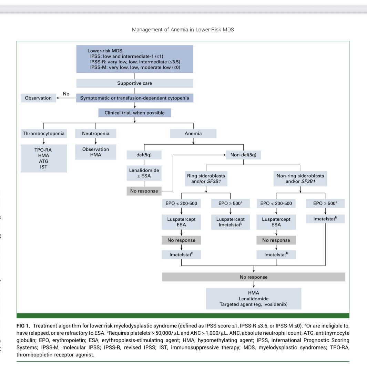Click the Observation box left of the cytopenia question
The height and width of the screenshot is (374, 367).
pos(38,98)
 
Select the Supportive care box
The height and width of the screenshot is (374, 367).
pos(134,83)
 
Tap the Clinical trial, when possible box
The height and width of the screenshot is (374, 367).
pos(134,113)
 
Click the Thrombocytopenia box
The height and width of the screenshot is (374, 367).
pos(43,133)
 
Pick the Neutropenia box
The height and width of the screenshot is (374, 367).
pos(95,133)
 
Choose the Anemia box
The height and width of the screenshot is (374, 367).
pos(193,133)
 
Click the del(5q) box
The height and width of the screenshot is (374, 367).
pos(144,155)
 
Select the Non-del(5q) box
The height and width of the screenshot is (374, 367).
pos(243,155)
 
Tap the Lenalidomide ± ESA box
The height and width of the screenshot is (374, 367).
pos(144,174)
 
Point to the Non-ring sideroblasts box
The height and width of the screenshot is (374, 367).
pos(300,178)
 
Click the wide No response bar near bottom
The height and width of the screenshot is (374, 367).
pos(254,277)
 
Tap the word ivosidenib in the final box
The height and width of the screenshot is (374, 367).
pos(275,304)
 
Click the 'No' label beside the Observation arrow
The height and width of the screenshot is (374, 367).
pos(66,94)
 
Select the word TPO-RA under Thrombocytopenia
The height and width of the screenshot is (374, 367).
pos(43,150)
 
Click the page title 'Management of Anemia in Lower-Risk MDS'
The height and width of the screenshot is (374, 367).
pos(183,30)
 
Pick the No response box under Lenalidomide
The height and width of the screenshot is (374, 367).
pos(144,191)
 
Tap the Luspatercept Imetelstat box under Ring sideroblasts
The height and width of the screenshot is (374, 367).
pos(231,222)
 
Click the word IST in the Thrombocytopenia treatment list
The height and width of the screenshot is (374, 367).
pos(43,167)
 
